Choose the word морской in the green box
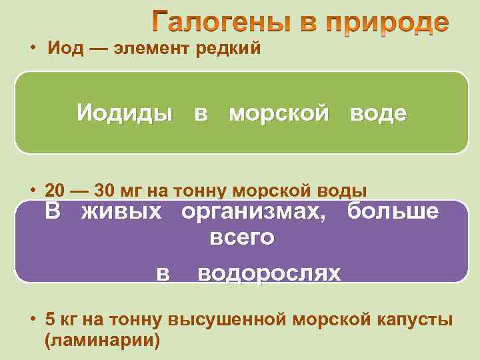(x=279, y=113)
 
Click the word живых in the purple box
(x=121, y=213)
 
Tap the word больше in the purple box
(x=393, y=213)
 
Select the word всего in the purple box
(x=242, y=237)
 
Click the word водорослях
(x=269, y=273)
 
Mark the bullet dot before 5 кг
(x=32, y=319)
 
